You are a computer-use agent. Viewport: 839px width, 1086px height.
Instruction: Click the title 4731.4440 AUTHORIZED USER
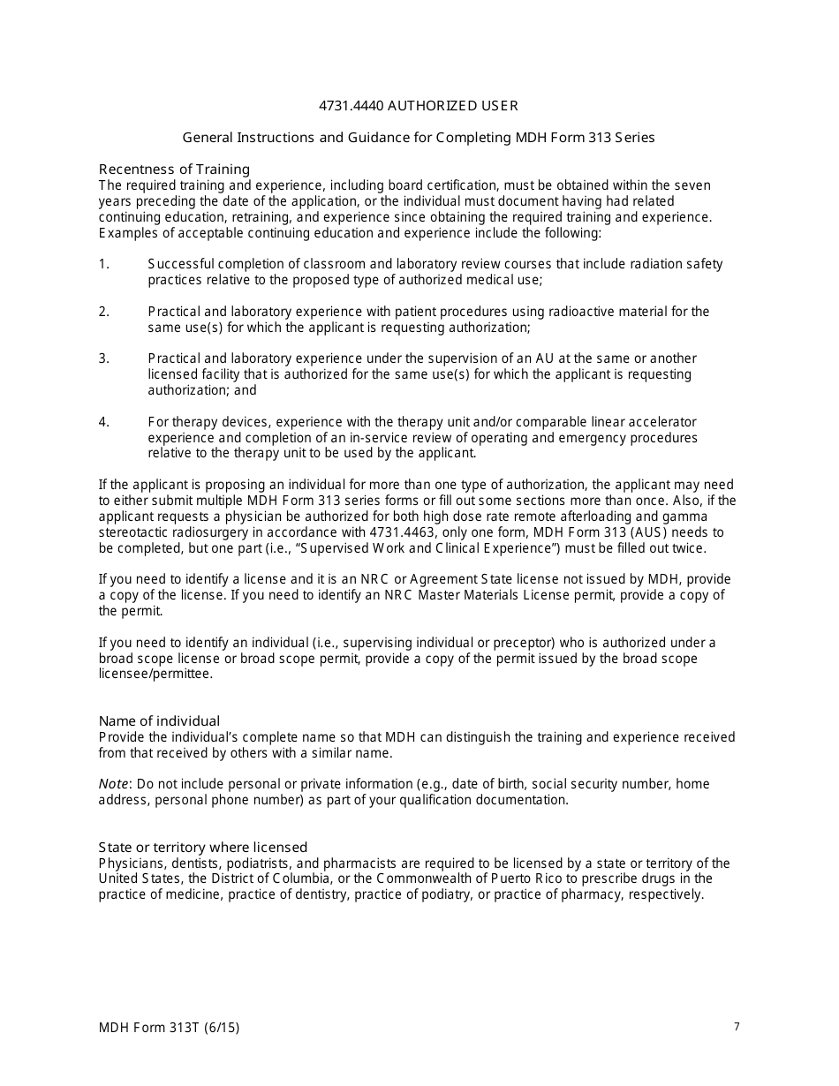(x=418, y=106)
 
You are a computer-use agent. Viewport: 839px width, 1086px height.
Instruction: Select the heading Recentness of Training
(x=174, y=170)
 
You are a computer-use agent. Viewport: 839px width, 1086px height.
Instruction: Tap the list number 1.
(x=103, y=264)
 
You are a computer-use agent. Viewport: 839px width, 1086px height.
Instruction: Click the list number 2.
(x=103, y=312)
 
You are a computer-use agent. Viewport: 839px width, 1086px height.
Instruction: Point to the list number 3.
(x=103, y=358)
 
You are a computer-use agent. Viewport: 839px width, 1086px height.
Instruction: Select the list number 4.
(x=103, y=422)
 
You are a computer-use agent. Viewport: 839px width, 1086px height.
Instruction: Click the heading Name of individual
(x=159, y=721)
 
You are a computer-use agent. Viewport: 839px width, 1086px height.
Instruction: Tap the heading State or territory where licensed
(x=202, y=848)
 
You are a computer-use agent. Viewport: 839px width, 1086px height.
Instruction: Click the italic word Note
(x=113, y=784)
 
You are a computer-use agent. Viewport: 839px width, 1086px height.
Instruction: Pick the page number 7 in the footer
(x=737, y=1027)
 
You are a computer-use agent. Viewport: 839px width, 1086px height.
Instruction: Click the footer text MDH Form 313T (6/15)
(x=169, y=1028)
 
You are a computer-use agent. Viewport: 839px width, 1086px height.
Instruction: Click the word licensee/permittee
(x=155, y=674)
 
